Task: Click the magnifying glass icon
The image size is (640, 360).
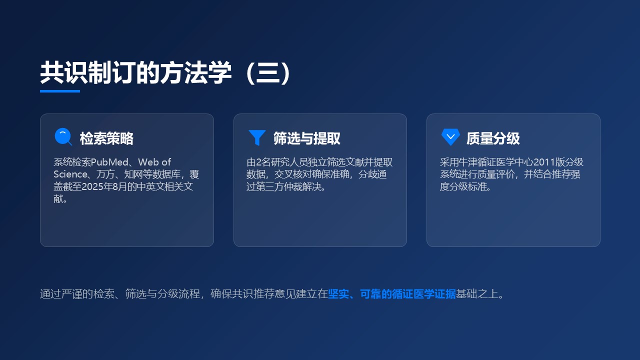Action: point(63,137)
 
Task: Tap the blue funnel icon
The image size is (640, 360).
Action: point(257,137)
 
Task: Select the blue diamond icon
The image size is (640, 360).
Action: point(450,137)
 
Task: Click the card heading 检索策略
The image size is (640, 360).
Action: point(106,138)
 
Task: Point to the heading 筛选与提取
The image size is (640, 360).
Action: point(307,138)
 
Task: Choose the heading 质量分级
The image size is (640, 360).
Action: point(493,138)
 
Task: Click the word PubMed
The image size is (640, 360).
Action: point(109,162)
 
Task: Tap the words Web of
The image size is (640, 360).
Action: point(154,162)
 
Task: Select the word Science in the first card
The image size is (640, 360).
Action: point(70,174)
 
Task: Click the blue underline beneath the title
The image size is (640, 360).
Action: point(60,91)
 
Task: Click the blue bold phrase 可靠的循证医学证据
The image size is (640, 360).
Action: point(407,294)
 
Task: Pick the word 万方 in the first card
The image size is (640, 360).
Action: point(105,174)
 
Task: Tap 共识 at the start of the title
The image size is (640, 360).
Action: point(64,73)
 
